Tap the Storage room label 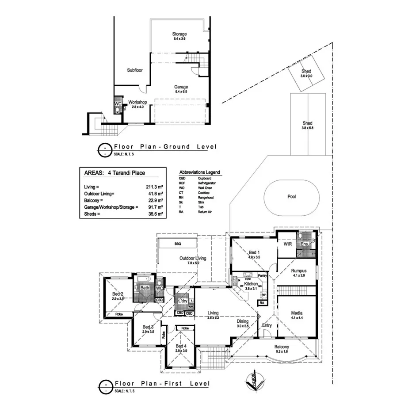179,34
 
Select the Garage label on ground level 181,87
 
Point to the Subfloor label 135,70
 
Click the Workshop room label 137,102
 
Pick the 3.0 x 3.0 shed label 306,71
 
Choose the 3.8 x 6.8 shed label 307,123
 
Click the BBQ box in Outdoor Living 178,244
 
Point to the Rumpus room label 299,270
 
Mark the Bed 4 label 181,346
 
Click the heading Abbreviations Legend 199,172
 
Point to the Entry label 267,326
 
